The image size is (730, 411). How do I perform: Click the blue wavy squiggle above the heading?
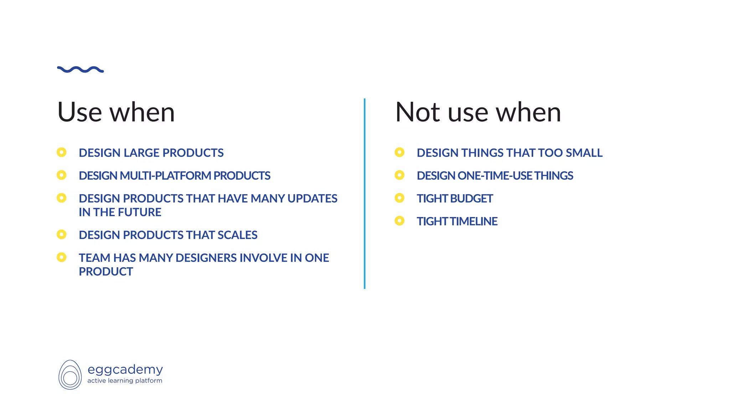80,70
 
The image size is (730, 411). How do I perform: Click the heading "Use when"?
116,112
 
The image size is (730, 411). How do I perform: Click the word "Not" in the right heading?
417,112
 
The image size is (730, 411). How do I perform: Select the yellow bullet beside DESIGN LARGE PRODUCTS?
62,152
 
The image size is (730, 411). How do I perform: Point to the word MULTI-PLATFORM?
165,176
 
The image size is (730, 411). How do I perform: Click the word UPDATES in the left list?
312,198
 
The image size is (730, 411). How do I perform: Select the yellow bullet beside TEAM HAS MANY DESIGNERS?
62,257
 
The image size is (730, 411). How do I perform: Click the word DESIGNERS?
206,258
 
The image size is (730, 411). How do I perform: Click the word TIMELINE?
474,221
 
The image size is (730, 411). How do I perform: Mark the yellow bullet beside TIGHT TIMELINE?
400,221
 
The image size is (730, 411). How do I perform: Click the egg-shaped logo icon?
70,375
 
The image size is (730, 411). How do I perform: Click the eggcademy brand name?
125,370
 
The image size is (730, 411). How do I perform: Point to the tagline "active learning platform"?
125,381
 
